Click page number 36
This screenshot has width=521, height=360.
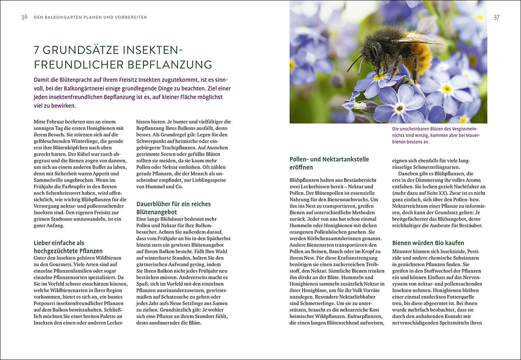click(24, 17)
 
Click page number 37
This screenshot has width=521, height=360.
click(497, 17)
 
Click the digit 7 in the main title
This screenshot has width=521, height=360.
click(37, 50)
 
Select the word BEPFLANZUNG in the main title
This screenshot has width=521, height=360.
click(170, 65)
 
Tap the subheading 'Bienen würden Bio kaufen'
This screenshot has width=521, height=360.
click(428, 243)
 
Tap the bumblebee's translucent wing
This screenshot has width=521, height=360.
click(418, 40)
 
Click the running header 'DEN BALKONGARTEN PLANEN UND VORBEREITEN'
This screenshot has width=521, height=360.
click(90, 18)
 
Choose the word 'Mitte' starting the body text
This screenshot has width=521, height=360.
click(41, 121)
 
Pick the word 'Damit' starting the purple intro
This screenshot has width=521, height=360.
click(42, 80)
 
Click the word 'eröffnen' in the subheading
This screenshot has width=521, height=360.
click(301, 167)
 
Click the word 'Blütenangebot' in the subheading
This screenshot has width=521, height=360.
click(157, 212)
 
